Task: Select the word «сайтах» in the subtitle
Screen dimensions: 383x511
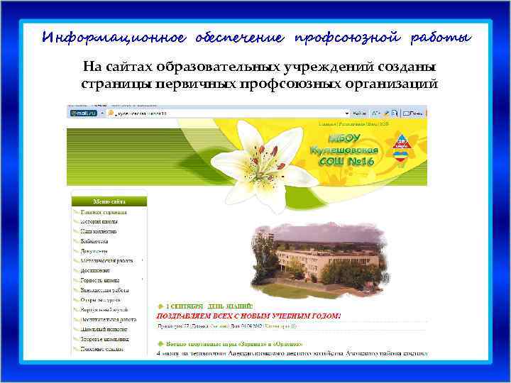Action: coord(132,67)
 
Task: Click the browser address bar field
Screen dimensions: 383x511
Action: coord(227,113)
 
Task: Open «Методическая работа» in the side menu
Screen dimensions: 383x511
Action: coord(106,260)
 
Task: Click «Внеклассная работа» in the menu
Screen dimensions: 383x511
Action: coord(104,290)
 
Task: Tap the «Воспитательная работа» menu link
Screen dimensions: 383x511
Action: coord(107,319)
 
